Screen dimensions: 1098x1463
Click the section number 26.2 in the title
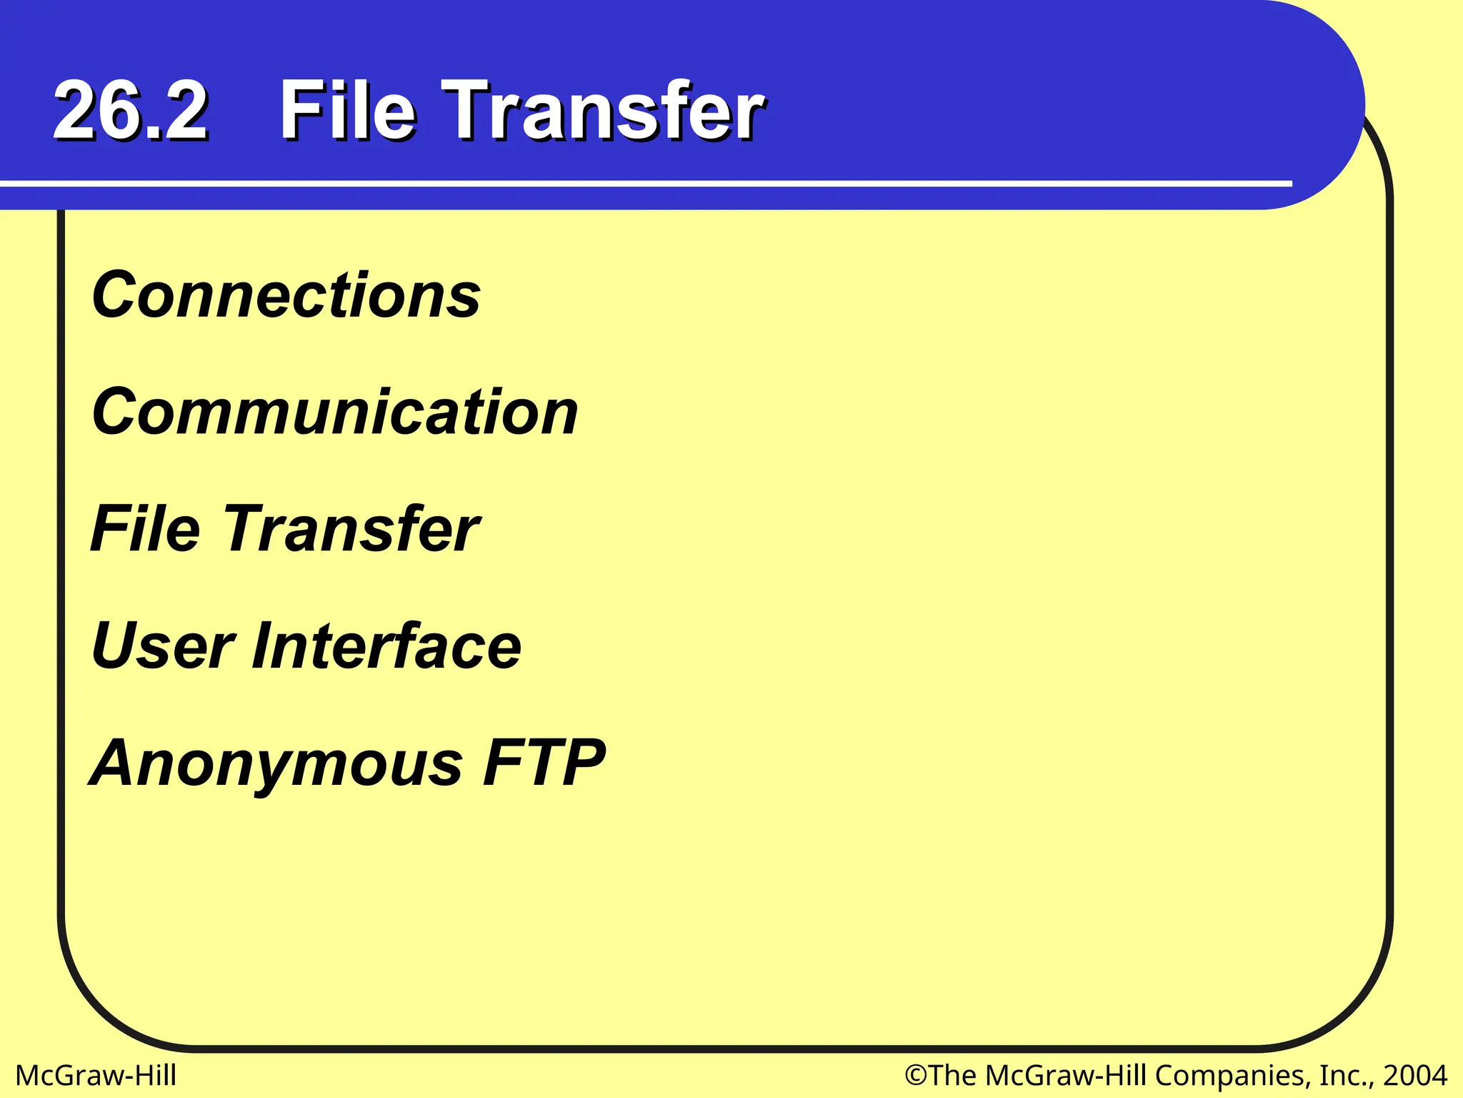click(131, 111)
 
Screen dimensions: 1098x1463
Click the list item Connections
click(286, 295)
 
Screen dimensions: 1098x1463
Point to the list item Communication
click(334, 412)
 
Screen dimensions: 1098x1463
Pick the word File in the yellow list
click(146, 529)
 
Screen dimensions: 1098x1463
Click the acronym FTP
click(544, 763)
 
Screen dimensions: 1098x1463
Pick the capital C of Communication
click(114, 412)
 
